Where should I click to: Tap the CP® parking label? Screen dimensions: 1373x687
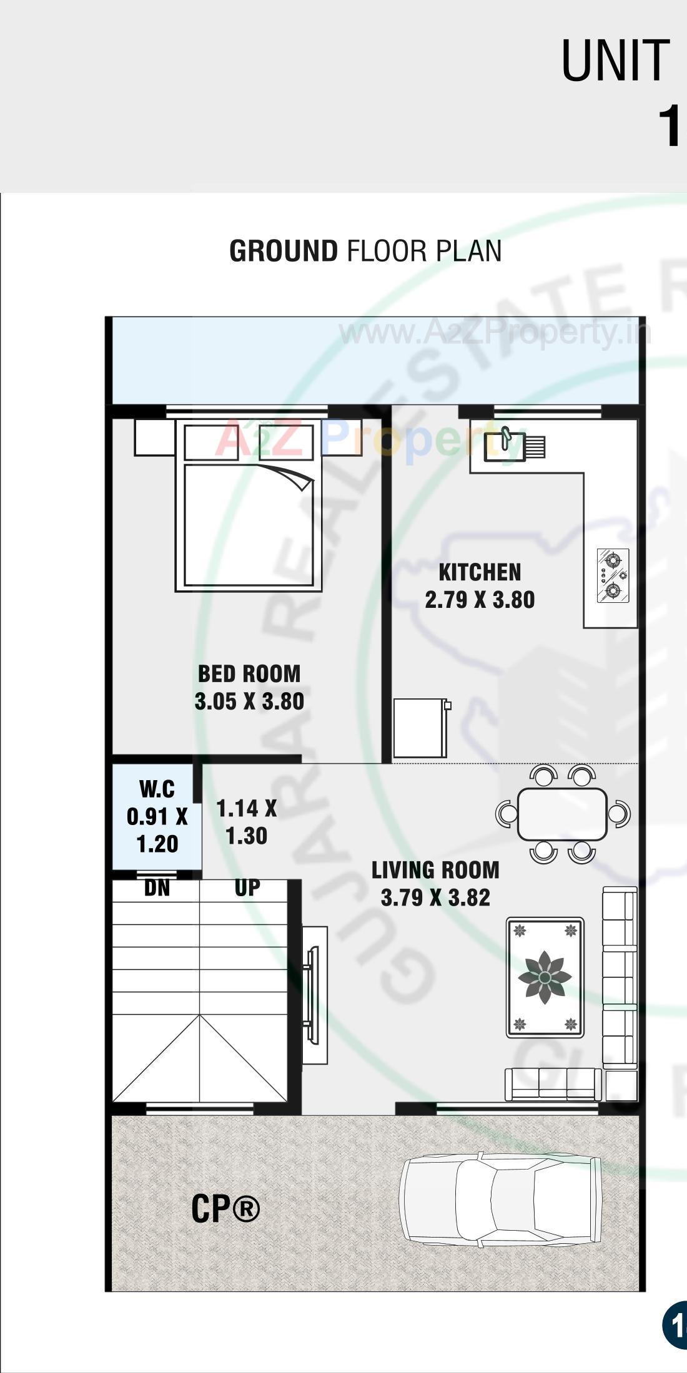pos(225,1208)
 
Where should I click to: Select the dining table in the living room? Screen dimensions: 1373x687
pos(562,814)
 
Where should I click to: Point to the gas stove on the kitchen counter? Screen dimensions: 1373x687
pos(612,575)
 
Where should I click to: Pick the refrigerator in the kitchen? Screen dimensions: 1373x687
pos(420,728)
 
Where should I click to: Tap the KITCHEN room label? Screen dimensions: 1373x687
pos(480,572)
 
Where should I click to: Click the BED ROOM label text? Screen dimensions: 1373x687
pos(249,674)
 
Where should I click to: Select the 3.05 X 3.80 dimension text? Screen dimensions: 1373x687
pos(249,701)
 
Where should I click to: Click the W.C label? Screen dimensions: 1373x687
pos(157,789)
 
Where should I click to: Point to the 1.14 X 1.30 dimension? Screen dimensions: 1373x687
pos(246,822)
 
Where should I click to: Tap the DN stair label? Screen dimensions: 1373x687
pos(157,888)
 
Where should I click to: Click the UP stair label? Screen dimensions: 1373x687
pos(247,887)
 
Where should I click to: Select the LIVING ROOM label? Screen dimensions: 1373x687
pos(435,870)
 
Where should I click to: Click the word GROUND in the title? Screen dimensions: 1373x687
pos(284,251)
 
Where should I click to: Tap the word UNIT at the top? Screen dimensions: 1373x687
pos(615,61)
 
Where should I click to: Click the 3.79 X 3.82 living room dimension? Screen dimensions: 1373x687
pos(435,898)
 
